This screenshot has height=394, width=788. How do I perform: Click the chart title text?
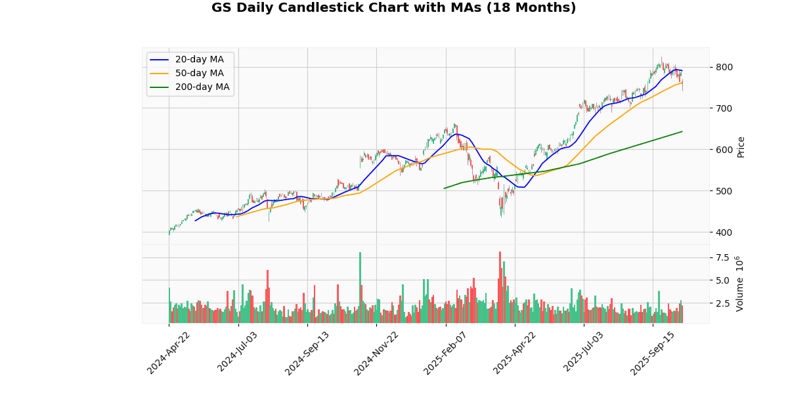tap(393, 8)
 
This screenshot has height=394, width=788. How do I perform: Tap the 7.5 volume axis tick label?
tap(723, 257)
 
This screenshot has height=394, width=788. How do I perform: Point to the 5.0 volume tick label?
tap(723, 280)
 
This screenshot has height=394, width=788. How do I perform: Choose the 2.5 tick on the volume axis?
tap(723, 303)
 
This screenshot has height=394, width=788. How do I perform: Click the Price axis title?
tap(741, 146)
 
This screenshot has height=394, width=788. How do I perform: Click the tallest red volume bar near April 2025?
tap(500, 287)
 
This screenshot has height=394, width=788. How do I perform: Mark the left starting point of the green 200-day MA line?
tap(445, 188)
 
